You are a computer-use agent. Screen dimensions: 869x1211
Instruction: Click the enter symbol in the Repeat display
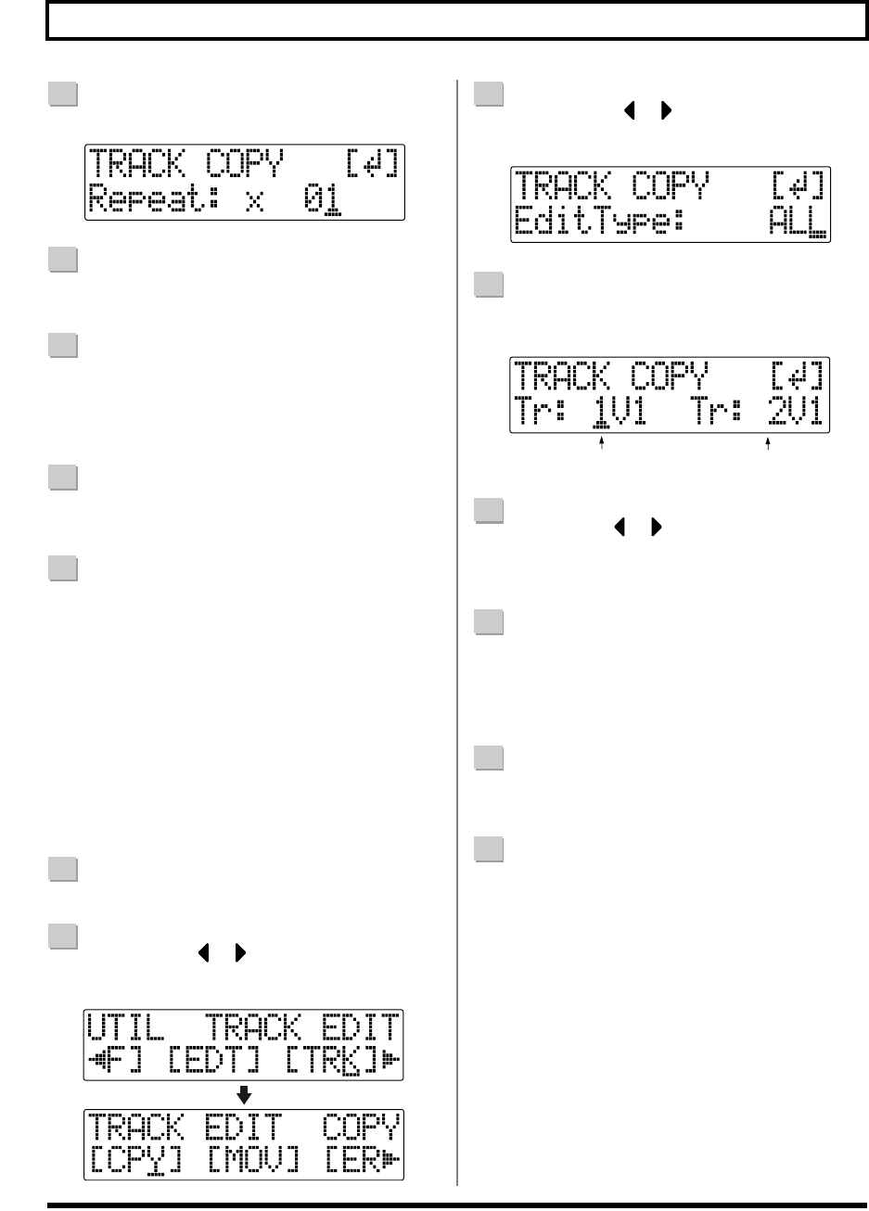372,166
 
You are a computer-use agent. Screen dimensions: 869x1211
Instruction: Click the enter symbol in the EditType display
798,187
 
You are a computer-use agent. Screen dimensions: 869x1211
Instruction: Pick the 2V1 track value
795,411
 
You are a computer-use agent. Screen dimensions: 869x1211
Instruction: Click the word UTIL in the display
126,1028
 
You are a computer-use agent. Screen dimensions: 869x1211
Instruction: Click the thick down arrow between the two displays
244,1095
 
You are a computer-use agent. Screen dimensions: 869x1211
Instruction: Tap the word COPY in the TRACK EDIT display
362,1127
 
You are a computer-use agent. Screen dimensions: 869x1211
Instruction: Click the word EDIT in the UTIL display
362,1028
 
